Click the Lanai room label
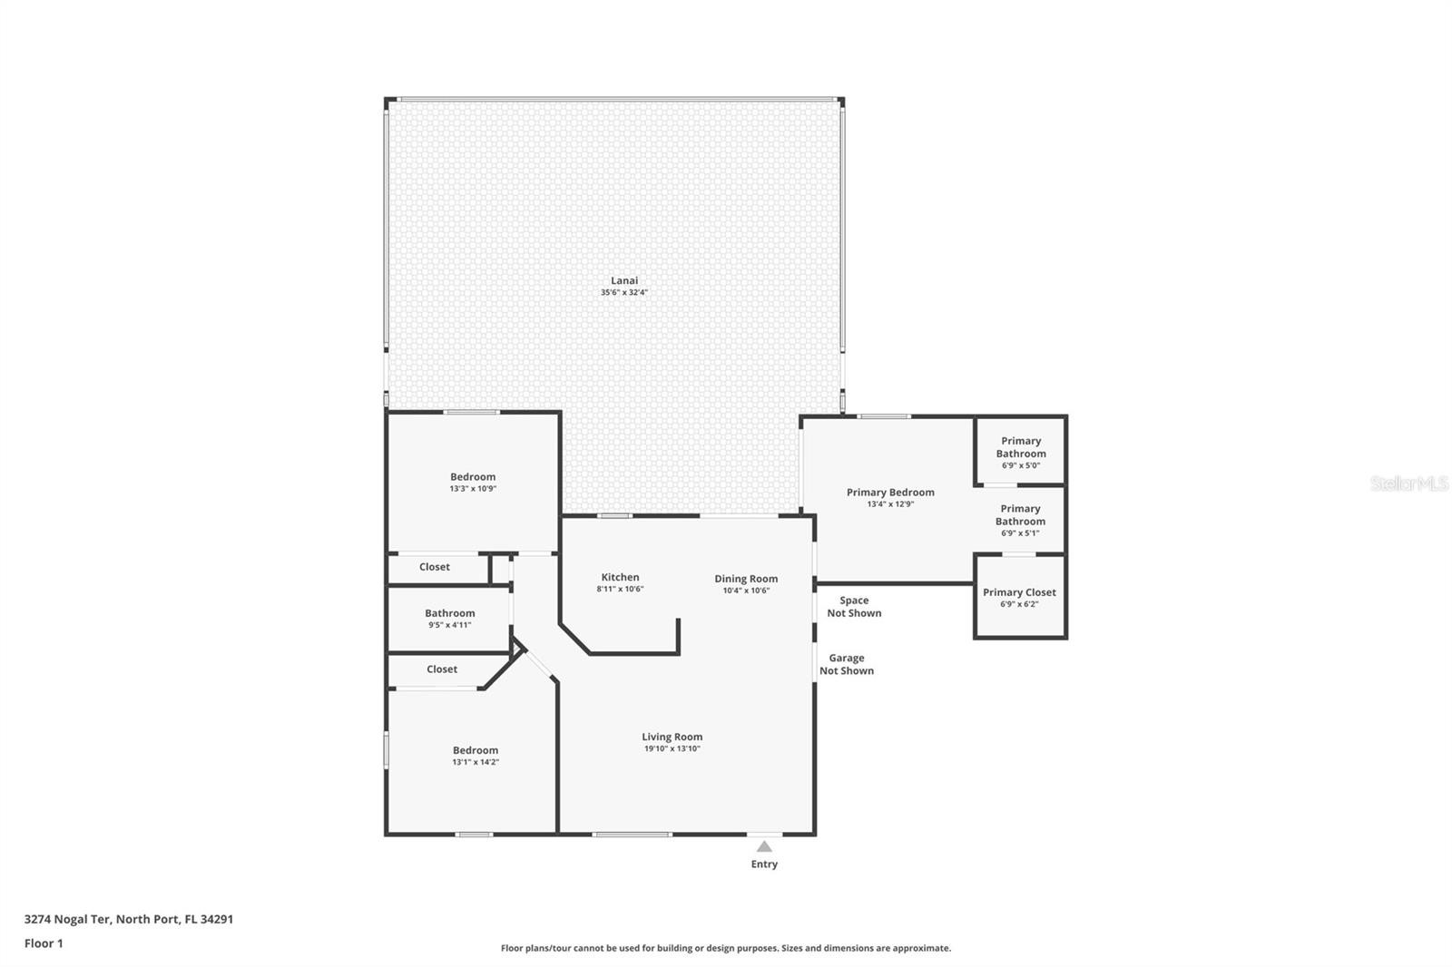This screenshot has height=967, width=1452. coord(624,280)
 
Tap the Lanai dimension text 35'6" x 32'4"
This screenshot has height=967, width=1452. coord(624,292)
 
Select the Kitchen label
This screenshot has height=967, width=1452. coord(621,577)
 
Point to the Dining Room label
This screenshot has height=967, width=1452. coord(746,579)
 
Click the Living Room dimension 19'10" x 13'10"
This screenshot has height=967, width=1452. coord(672,748)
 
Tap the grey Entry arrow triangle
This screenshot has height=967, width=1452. coord(764,846)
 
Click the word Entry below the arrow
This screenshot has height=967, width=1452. coord(764,864)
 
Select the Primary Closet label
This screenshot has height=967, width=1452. coord(1019,592)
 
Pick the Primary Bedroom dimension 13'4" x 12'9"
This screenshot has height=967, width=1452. coord(890,504)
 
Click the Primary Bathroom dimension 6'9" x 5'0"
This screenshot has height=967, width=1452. coord(1021,465)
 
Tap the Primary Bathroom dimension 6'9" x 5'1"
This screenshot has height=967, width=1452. coord(1020,533)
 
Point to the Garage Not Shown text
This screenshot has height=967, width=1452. coord(847,664)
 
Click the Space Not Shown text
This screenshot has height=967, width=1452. coord(854,607)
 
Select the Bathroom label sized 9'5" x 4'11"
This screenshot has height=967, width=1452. coord(450,613)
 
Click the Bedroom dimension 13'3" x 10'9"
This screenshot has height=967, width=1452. coord(473,489)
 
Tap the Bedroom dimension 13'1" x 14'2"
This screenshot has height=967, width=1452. coord(476,762)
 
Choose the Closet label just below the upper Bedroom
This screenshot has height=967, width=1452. coord(435,567)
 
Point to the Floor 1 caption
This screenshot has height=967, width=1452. coord(44,943)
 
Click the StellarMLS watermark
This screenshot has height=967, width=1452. coord(1409,483)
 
